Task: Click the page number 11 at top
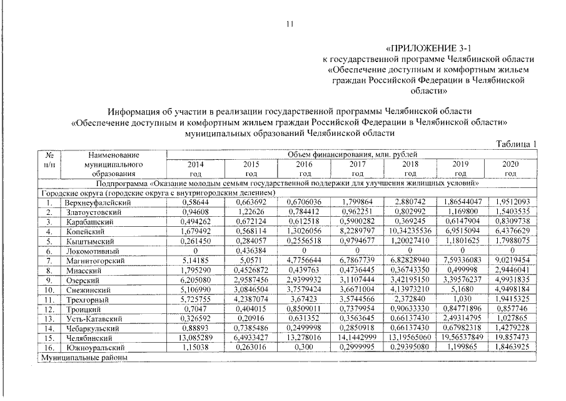tap(289, 24)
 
